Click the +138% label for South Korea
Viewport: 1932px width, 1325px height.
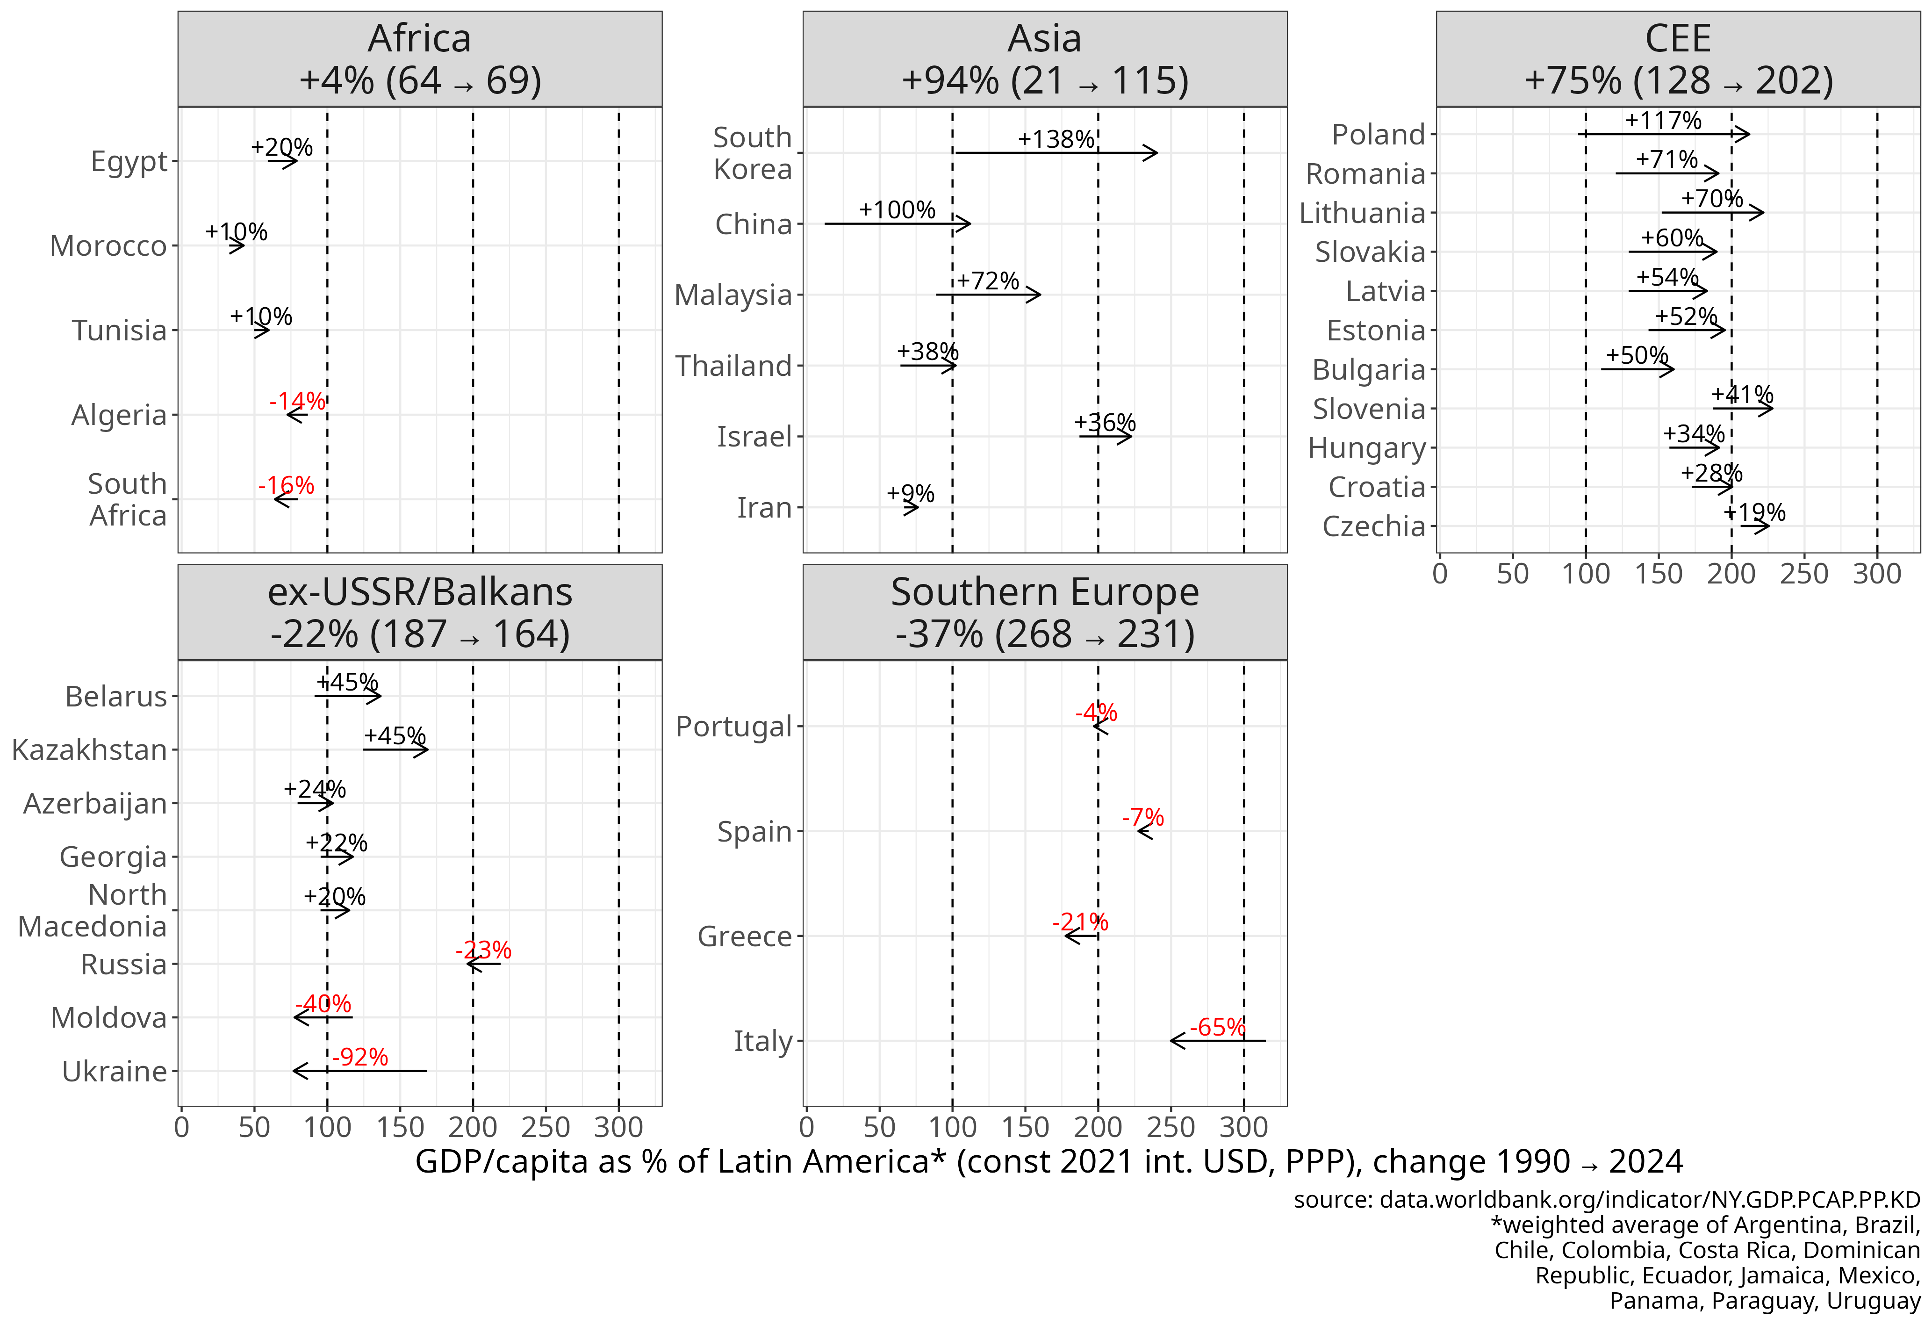(x=1056, y=140)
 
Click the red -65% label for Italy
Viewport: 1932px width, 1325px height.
(x=1217, y=1028)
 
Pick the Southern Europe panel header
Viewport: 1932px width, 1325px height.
(x=1044, y=612)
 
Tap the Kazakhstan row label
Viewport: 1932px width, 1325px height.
(x=90, y=750)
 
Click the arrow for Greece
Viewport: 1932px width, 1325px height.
(x=1081, y=936)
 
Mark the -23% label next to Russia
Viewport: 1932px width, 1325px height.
(x=483, y=950)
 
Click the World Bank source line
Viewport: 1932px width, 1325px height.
(x=1606, y=1200)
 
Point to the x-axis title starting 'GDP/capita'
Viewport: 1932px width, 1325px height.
(x=1049, y=1161)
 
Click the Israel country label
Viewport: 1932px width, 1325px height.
(x=754, y=436)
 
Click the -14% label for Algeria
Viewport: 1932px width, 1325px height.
(x=297, y=402)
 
